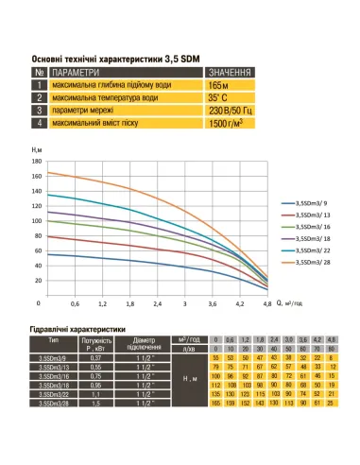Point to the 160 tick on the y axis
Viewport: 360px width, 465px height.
click(x=38, y=162)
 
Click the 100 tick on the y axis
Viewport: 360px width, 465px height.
click(x=38, y=220)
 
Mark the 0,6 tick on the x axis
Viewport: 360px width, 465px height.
click(x=76, y=303)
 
